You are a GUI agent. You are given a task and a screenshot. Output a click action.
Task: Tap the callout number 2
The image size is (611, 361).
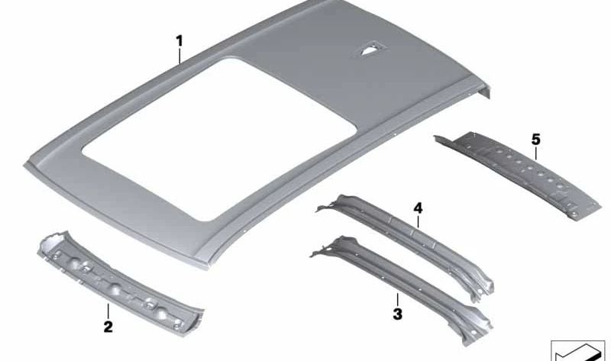(108, 327)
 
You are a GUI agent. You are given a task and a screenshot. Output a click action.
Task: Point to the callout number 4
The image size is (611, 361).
(418, 208)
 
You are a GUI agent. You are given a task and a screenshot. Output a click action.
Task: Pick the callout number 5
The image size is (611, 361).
(535, 139)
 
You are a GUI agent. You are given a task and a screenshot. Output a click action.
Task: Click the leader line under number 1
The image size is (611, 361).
(180, 53)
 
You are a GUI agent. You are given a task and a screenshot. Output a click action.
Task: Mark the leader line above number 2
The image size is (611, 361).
(108, 310)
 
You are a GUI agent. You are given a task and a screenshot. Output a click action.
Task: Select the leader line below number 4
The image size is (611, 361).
(418, 221)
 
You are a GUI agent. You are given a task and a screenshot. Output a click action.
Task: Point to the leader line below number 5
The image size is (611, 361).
(535, 153)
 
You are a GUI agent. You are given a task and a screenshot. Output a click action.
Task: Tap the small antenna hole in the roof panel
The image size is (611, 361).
(367, 50)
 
